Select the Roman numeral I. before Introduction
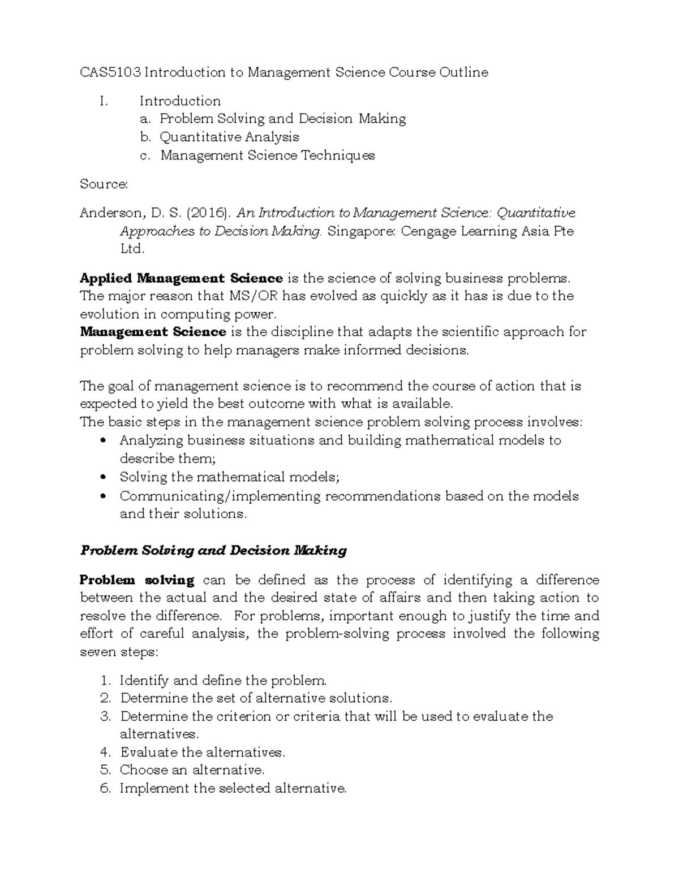point(102,101)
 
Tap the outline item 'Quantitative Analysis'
point(229,137)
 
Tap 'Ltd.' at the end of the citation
point(132,249)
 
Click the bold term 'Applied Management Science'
point(181,278)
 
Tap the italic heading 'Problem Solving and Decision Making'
point(213,550)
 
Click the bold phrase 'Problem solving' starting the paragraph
point(137,580)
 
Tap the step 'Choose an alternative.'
point(192,770)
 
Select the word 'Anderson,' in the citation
point(113,213)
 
